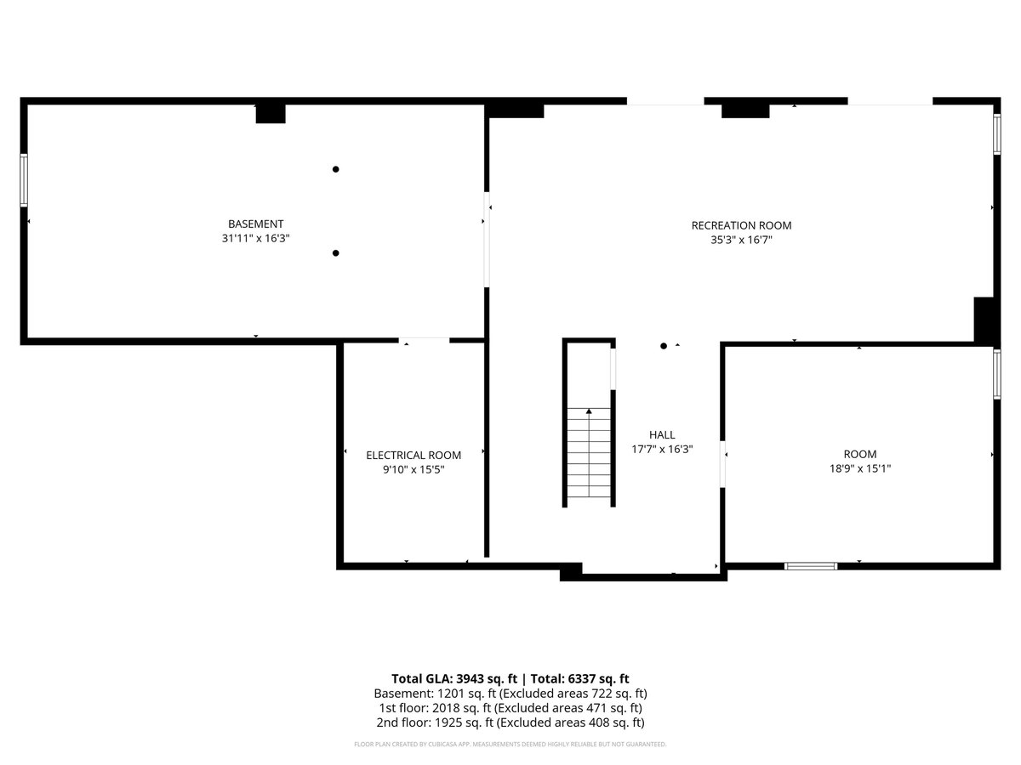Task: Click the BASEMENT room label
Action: tap(255, 224)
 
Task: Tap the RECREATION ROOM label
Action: tap(741, 225)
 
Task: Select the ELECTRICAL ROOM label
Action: tap(414, 456)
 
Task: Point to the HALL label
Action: tap(662, 434)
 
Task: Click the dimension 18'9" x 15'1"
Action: tap(860, 468)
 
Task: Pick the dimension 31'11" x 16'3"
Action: tap(255, 238)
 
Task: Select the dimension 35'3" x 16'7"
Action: tap(741, 240)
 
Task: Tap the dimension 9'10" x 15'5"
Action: tap(414, 469)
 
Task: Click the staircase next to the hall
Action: tap(589, 452)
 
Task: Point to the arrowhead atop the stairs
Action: tap(589, 411)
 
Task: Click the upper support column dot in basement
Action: tap(335, 169)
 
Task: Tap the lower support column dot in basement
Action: tap(335, 253)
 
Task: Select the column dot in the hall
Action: tap(664, 346)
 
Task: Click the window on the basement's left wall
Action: tap(23, 179)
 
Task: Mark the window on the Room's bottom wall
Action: tap(811, 566)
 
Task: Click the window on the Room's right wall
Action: tap(997, 374)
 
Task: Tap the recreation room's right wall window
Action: tap(997, 133)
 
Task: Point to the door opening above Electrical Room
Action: tap(424, 341)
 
